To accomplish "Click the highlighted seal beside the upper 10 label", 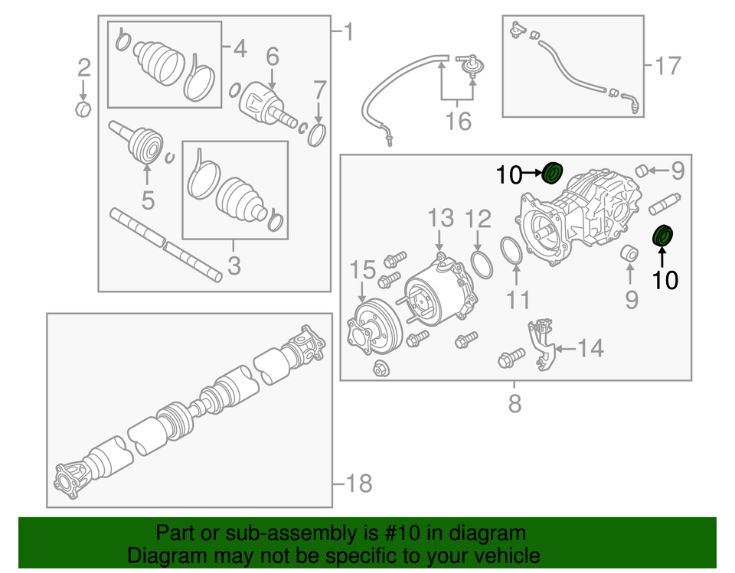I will coord(552,174).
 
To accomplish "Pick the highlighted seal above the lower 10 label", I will coord(663,236).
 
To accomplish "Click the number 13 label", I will coord(441,219).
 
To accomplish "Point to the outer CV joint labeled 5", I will coord(144,146).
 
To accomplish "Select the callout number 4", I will coord(239,50).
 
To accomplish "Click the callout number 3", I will coord(234,266).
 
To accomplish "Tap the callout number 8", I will coord(514,403).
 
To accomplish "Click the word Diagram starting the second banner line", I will coord(162,555).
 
